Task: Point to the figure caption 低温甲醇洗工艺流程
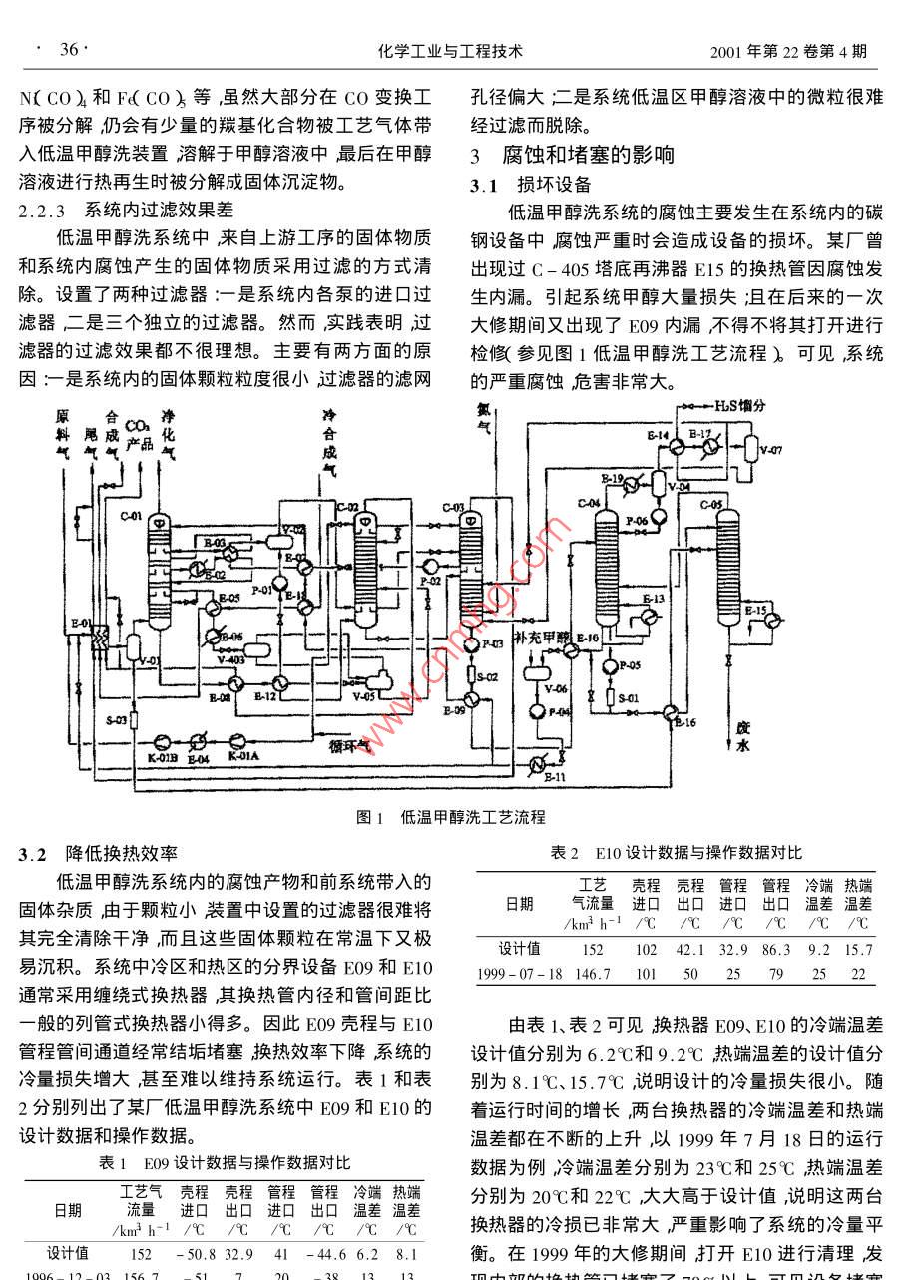pyautogui.click(x=473, y=817)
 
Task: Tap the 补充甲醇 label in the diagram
pyautogui.click(x=539, y=636)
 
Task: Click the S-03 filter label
pyautogui.click(x=116, y=718)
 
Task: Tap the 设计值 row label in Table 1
pyautogui.click(x=68, y=1253)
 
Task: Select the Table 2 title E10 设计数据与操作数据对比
pyautogui.click(x=677, y=853)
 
